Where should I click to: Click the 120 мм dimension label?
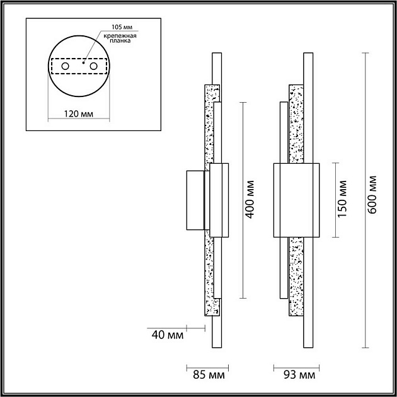79,114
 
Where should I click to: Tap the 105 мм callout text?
122,27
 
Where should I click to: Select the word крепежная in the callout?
120,36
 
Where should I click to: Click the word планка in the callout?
120,41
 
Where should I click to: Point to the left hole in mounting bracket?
65,66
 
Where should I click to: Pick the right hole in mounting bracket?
93,66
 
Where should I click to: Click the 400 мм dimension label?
250,200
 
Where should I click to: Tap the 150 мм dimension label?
342,199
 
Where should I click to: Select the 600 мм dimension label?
372,195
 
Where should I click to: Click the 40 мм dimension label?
168,335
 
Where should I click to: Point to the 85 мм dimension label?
209,375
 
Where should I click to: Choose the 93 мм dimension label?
299,375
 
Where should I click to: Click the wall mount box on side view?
195,200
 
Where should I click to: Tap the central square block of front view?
296,200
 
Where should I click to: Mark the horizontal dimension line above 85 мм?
207,368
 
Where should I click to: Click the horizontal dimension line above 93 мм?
296,368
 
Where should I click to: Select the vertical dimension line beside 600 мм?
365,200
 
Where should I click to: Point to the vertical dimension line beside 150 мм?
335,200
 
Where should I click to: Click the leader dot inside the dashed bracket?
83,62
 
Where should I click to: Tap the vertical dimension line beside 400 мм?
243,200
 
